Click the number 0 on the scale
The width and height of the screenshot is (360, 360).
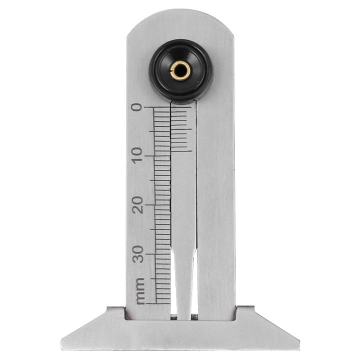pos(136,107)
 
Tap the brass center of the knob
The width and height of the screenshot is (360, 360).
pos(180,70)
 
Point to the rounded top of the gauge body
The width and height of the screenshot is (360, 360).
pos(180,20)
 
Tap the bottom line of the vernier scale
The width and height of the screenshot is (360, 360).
pos(181,151)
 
